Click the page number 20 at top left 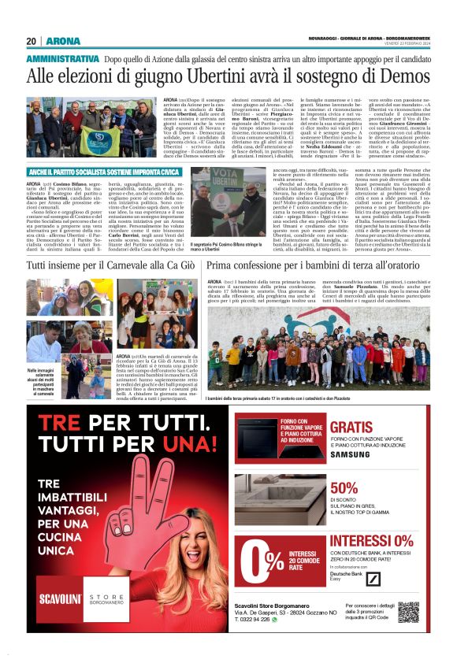point(32,41)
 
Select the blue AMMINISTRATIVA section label point(63,59)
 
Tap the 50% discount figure point(344,487)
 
